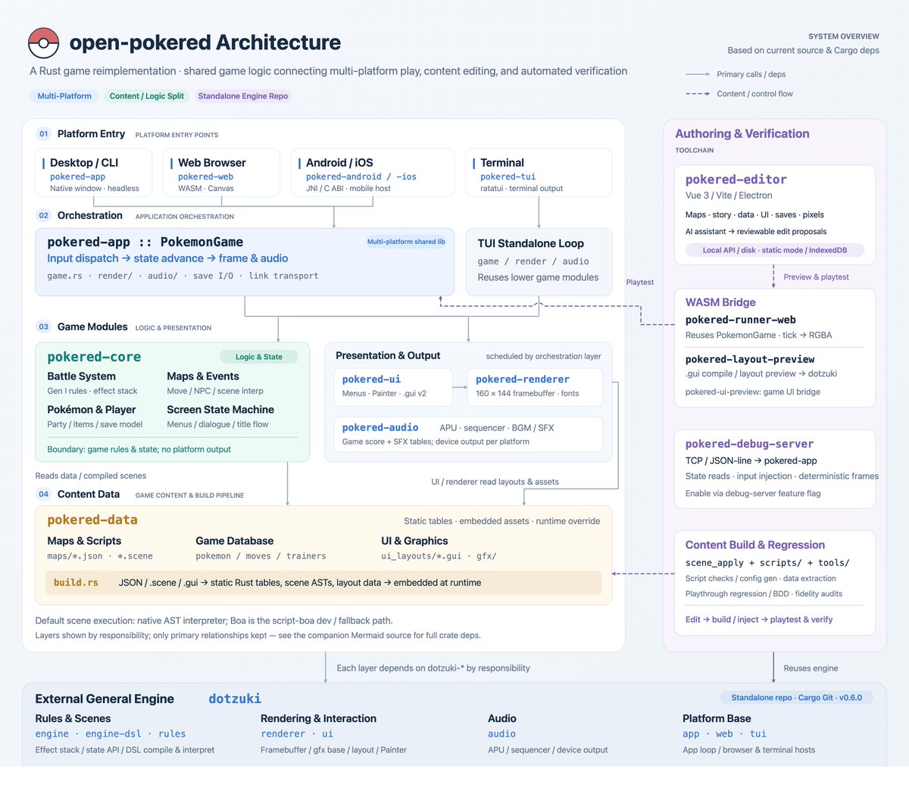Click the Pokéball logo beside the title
43,43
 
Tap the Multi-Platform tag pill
64,96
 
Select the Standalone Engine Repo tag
242,96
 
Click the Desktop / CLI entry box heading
84,162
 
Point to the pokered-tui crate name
508,177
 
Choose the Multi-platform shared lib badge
406,242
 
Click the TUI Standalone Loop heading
531,243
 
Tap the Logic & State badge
259,357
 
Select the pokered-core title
94,357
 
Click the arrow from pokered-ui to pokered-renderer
460,387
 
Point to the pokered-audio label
380,427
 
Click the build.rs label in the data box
76,583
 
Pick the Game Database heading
234,541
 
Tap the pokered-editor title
736,180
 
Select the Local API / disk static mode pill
774,250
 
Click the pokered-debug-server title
749,444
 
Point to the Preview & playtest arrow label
816,277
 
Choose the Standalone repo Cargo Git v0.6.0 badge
796,697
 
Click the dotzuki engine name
235,699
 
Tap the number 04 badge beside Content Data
43,494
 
